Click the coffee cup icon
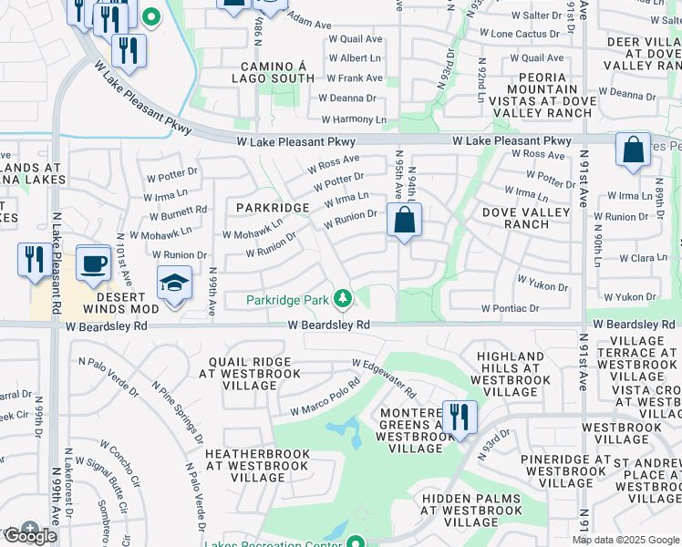coord(93,264)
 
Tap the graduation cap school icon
coord(174,284)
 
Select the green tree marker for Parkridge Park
coord(342,298)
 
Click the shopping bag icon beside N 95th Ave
coord(404,221)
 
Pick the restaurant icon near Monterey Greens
coord(460,418)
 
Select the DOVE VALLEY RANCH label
coord(526,218)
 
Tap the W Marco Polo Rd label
coord(326,399)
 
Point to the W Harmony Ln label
coord(353,119)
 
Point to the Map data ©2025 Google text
coord(625,540)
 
